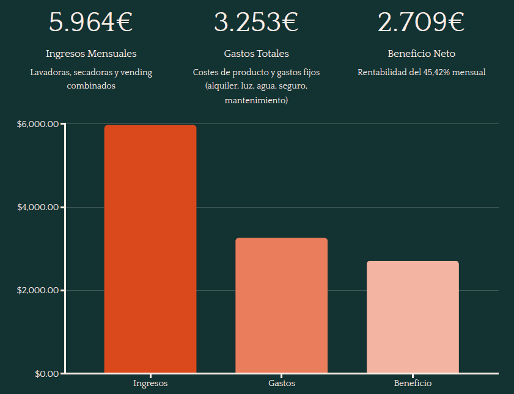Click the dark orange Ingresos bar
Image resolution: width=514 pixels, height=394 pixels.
tap(150, 249)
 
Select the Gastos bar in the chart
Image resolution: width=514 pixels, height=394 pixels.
tap(281, 305)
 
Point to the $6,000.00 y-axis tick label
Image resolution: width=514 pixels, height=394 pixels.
tap(38, 125)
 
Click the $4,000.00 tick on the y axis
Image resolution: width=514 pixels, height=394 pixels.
tap(38, 208)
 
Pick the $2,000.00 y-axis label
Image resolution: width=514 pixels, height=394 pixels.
tap(38, 290)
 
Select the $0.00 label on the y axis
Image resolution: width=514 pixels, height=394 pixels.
tap(46, 373)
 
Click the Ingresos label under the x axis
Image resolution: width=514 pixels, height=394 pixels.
tap(150, 384)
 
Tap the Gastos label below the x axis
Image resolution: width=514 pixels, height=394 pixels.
tap(281, 384)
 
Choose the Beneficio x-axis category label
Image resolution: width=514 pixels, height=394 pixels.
tap(413, 384)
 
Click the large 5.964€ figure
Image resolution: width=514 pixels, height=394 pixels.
tap(91, 22)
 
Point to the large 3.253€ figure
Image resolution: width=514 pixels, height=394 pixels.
tap(256, 22)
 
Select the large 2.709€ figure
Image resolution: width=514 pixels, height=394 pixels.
tap(421, 22)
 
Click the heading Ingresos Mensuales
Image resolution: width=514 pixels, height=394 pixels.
tap(91, 54)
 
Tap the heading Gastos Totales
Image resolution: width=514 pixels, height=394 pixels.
tap(256, 54)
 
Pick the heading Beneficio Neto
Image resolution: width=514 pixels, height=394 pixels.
tap(421, 54)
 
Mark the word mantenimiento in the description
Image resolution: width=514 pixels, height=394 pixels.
tap(256, 100)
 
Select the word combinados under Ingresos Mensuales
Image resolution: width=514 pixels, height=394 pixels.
tap(91, 86)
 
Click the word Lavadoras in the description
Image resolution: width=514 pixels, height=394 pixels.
tap(50, 72)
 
